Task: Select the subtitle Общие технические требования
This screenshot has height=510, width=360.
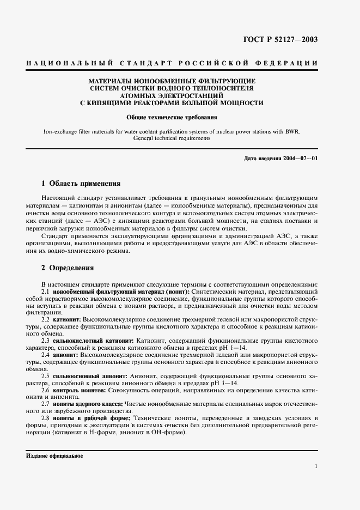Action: pyautogui.click(x=172, y=117)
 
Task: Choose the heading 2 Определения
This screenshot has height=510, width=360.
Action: pyautogui.click(x=68, y=268)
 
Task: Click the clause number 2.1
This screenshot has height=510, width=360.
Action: pyautogui.click(x=46, y=293)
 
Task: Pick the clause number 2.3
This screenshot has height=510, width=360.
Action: pyautogui.click(x=46, y=340)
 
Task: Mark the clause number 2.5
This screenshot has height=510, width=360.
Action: pyautogui.click(x=46, y=375)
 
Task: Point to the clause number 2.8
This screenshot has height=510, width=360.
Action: pyautogui.click(x=46, y=418)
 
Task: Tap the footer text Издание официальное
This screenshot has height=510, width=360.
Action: pyautogui.click(x=54, y=456)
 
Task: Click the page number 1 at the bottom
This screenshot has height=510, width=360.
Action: pyautogui.click(x=316, y=466)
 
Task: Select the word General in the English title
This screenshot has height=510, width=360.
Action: pyautogui.click(x=144, y=138)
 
